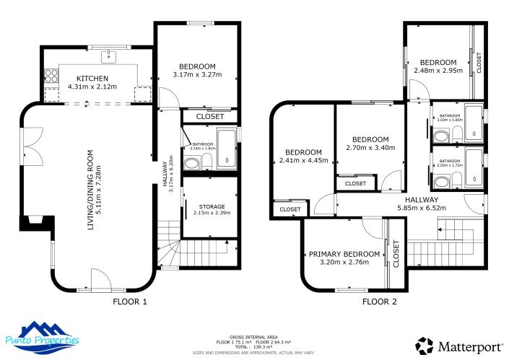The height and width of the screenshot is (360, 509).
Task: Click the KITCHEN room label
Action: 92,79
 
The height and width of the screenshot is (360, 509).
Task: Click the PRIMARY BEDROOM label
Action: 344,254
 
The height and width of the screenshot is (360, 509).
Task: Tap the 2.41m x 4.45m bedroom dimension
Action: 303,160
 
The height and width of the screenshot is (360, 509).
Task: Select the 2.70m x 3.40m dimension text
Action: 370,148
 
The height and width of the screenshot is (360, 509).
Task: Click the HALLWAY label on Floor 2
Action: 422,200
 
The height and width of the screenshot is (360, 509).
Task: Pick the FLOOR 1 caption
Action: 129,302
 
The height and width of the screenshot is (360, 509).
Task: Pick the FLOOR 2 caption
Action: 379,302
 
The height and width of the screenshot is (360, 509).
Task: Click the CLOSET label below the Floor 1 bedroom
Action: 209,116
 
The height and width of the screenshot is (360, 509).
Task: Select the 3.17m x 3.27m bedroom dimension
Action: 197,74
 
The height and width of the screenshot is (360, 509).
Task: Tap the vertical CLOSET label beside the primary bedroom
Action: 396,254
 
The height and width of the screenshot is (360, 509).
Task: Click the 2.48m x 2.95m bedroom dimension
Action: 439,71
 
